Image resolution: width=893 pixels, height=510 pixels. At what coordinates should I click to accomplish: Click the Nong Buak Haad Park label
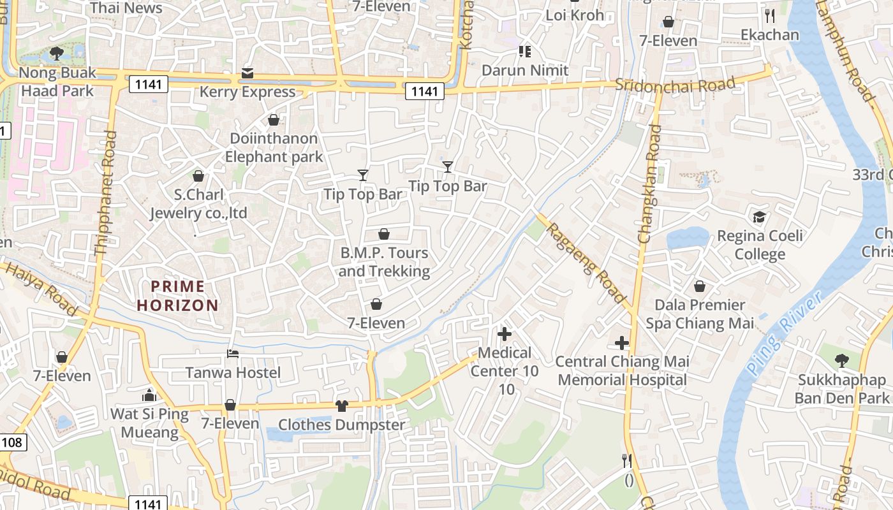click(57, 82)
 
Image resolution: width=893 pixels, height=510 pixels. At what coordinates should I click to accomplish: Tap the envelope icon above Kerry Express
click(247, 73)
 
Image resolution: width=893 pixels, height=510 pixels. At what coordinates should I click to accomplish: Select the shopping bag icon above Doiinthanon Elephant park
click(274, 120)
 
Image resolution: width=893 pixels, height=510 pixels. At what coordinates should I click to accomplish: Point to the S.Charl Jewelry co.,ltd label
click(198, 203)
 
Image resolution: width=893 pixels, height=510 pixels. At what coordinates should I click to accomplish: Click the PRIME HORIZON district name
click(177, 296)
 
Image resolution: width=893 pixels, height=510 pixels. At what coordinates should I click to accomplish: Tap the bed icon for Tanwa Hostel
click(233, 354)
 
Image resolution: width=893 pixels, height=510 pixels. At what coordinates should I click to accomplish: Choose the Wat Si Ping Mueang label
click(149, 423)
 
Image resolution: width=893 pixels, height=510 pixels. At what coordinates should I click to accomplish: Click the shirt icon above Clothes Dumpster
click(342, 406)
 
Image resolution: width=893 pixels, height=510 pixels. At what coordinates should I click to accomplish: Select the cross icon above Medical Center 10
click(505, 333)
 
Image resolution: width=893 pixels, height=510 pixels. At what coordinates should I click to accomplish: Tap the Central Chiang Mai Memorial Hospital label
click(622, 371)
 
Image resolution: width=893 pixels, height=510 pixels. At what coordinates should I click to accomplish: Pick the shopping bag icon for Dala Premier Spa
click(700, 286)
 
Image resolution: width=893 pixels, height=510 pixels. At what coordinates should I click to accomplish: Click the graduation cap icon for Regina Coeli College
click(759, 217)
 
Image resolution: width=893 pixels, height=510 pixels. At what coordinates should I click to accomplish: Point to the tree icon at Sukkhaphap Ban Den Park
click(842, 361)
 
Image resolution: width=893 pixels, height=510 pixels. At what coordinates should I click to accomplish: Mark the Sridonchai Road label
click(675, 85)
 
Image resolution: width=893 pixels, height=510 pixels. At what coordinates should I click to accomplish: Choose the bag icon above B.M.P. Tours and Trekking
click(384, 235)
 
